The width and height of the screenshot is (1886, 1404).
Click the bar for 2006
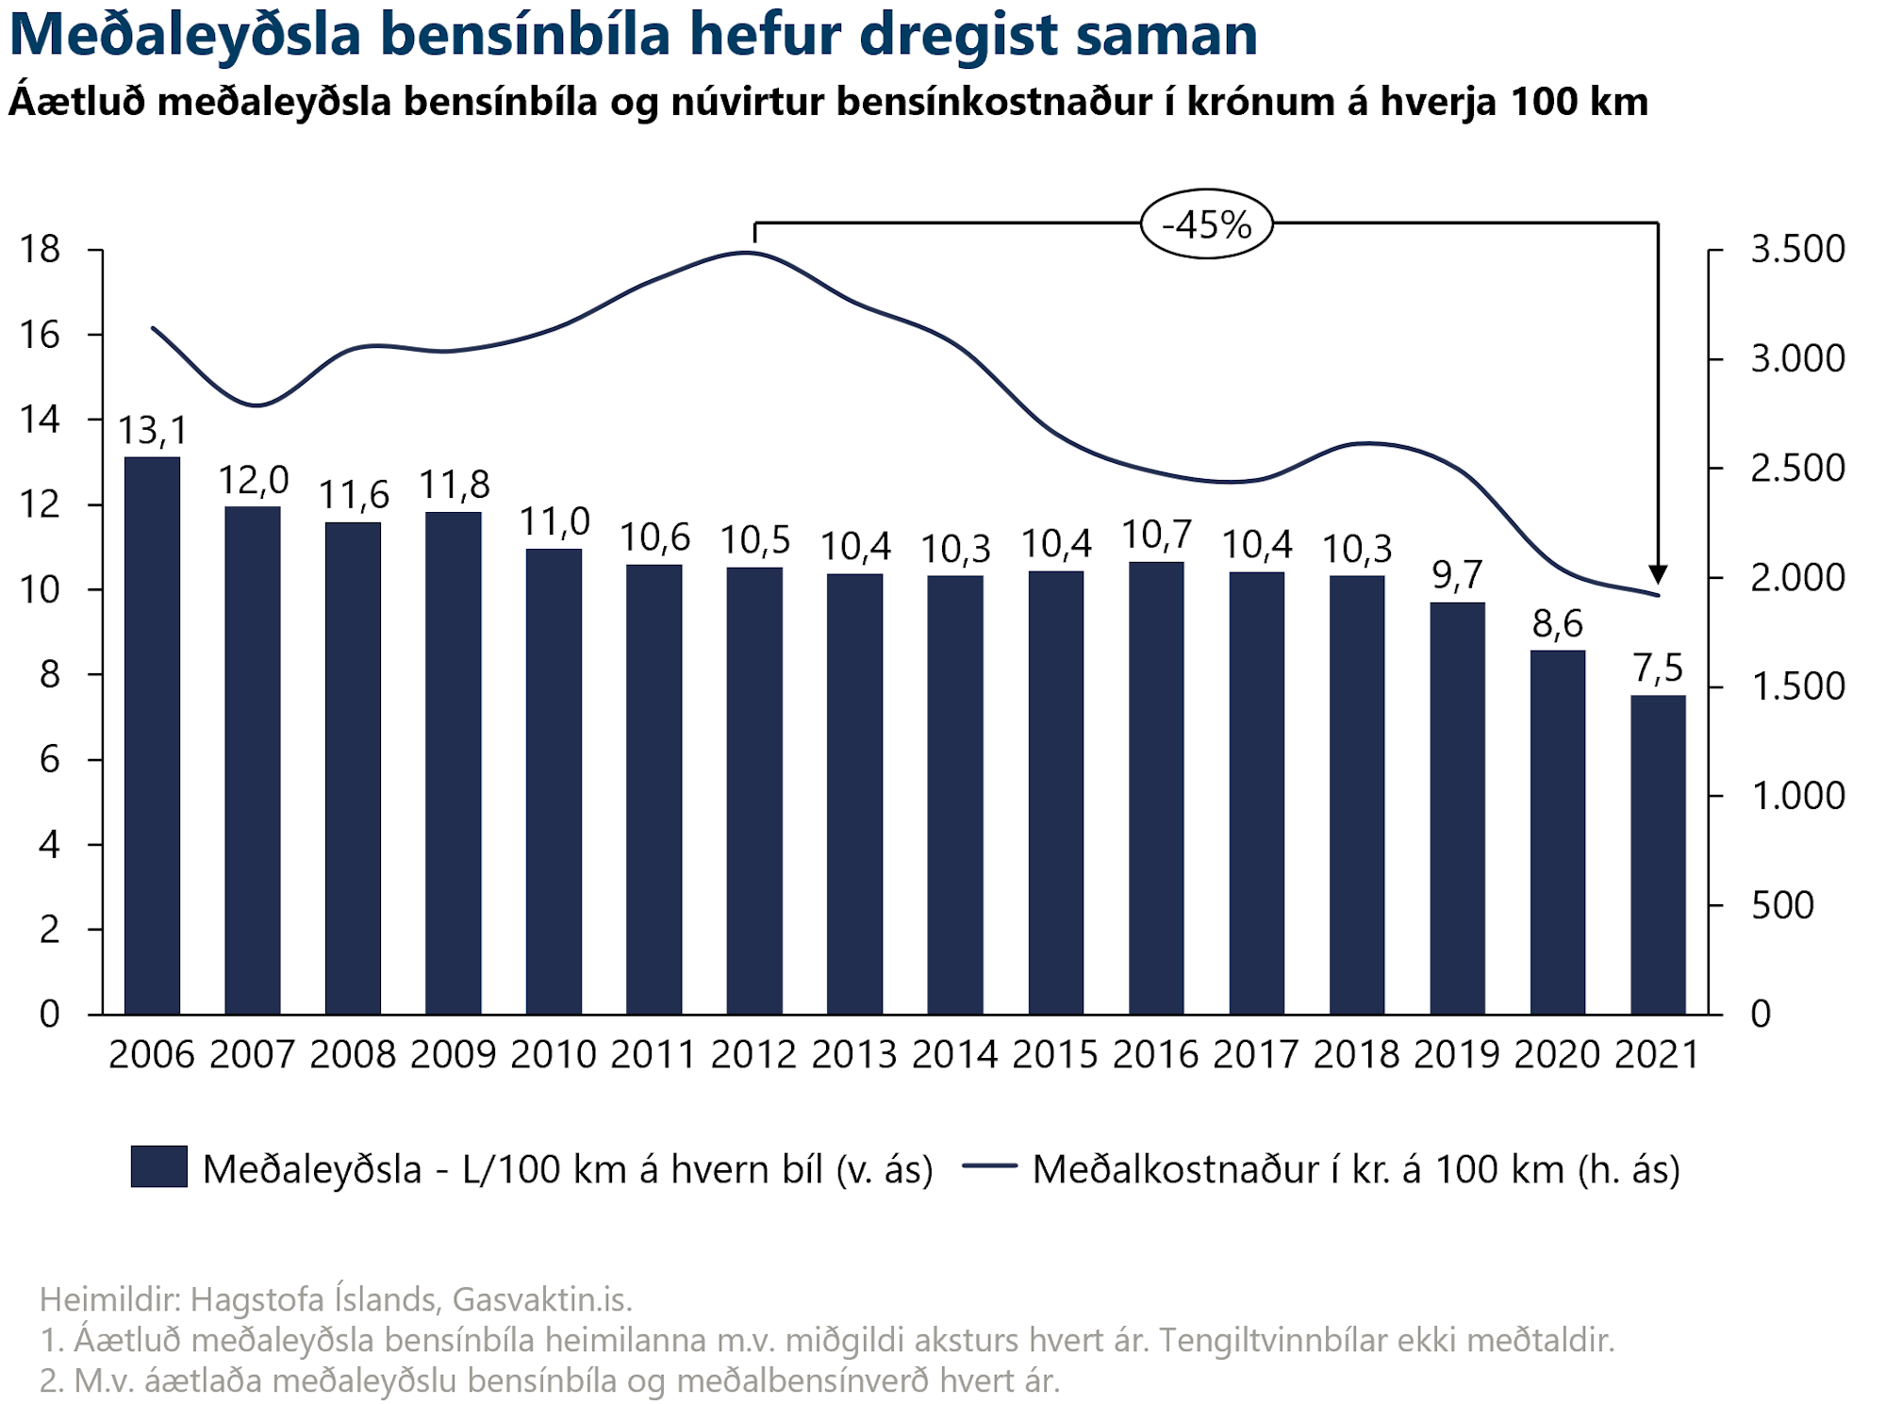152,735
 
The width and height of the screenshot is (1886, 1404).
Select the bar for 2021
1658,854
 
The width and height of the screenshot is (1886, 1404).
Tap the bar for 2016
1156,787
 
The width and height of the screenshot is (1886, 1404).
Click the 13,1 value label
152,431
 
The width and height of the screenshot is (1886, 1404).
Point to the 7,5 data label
1658,669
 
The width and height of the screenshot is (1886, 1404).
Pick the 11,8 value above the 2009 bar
454,486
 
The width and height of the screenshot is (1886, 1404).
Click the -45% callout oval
1206,224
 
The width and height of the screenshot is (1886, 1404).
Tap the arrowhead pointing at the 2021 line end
1658,574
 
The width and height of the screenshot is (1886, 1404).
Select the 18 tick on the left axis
40,250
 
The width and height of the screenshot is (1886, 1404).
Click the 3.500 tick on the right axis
1797,250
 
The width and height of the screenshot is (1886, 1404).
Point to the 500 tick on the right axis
1782,905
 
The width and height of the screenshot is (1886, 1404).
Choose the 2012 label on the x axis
754,1054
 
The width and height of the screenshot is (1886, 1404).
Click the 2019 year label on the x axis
1457,1054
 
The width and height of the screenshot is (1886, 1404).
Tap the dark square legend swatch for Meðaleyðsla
158,1166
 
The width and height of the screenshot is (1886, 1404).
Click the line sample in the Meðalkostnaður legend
989,1166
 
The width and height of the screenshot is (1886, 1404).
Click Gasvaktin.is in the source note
542,1299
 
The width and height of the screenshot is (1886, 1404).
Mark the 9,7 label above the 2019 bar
1457,574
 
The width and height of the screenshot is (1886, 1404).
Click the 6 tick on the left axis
49,760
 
